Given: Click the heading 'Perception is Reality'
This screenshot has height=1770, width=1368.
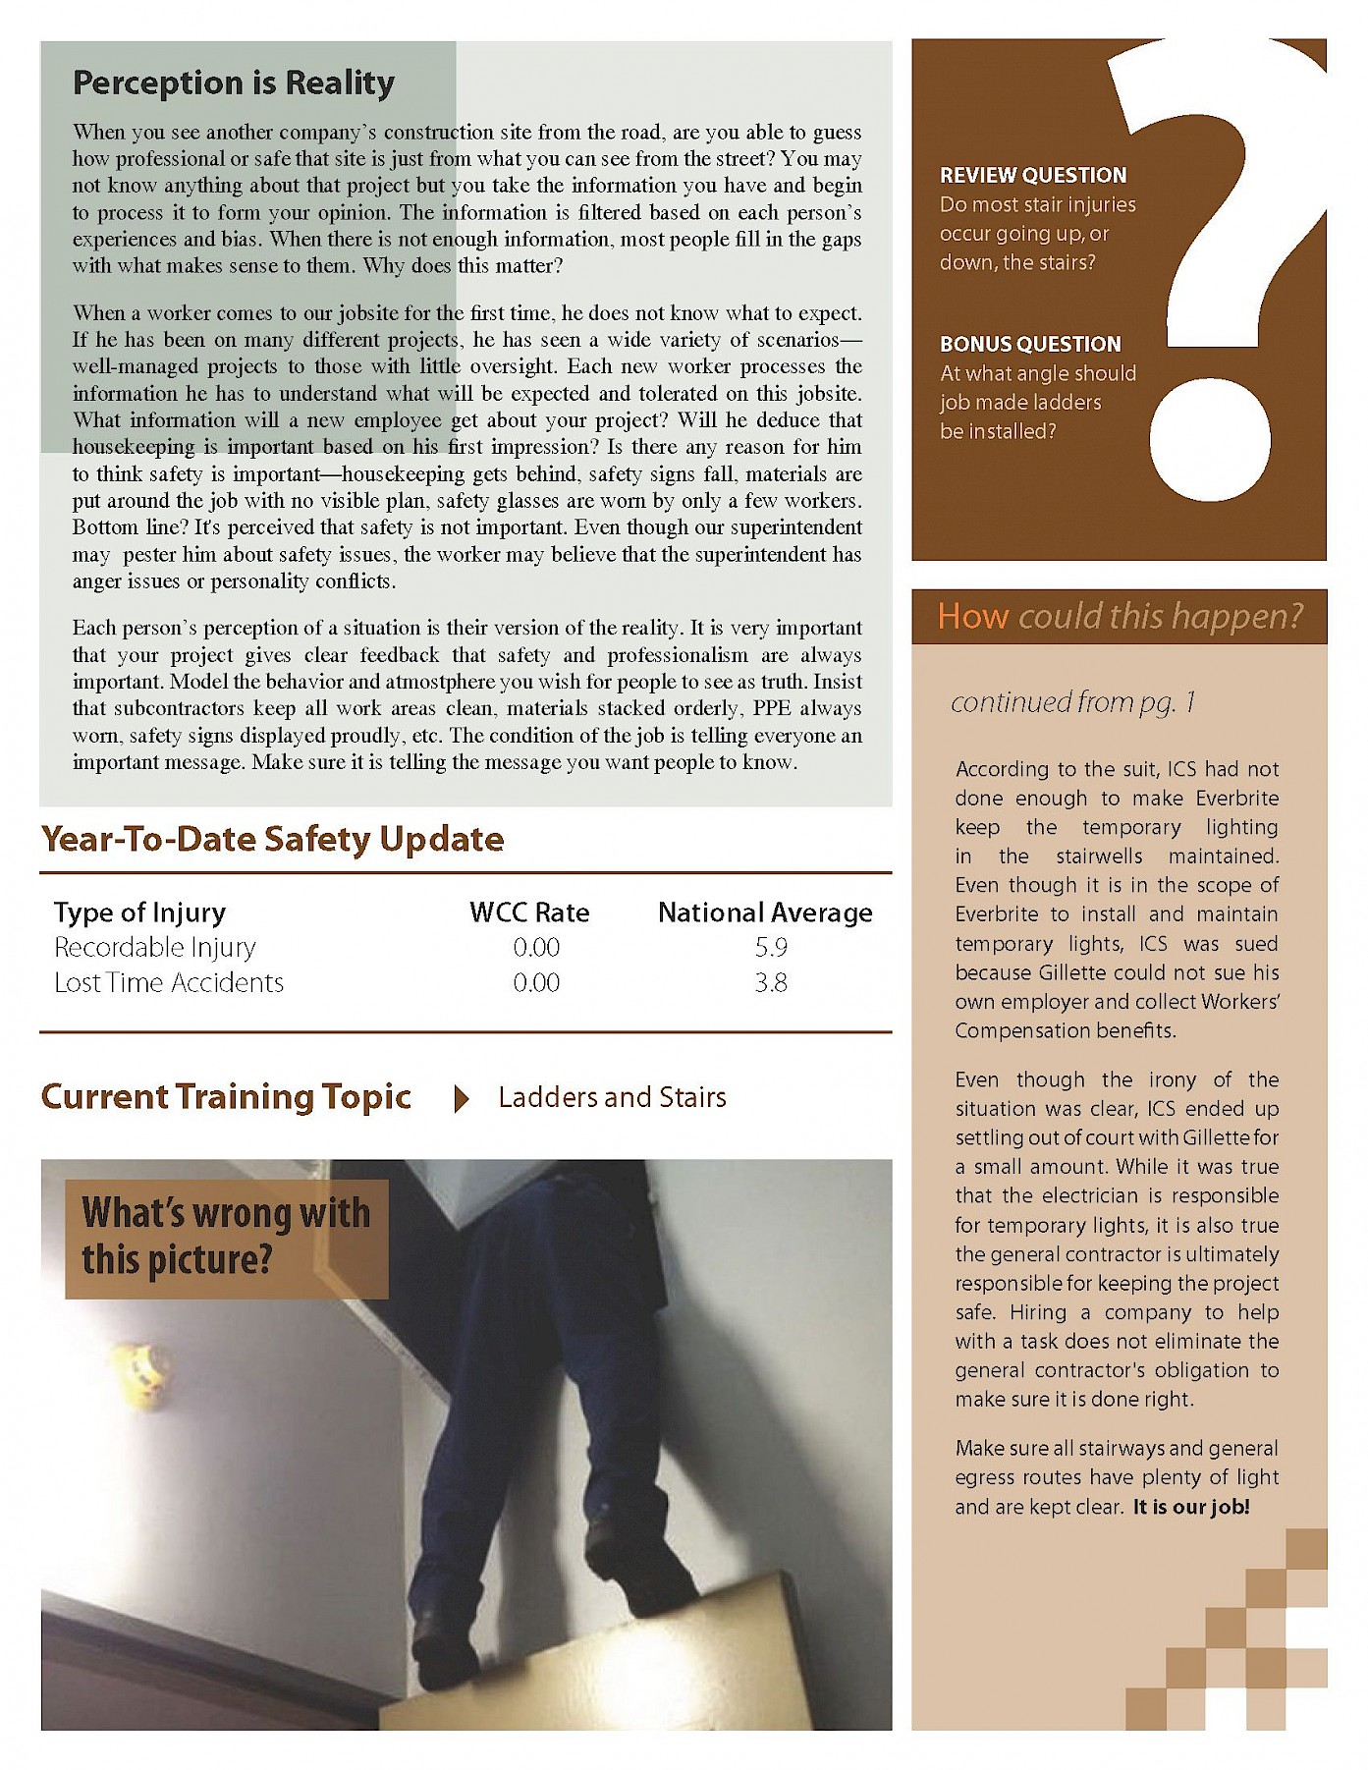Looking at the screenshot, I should [x=234, y=83].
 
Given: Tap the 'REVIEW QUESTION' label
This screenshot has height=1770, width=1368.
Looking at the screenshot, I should [x=1033, y=176].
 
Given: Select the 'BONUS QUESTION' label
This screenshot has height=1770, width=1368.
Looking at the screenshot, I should [x=1030, y=345].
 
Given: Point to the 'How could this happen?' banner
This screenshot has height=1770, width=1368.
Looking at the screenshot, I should [x=1119, y=617].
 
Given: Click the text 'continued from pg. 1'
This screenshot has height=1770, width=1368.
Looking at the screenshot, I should [x=1072, y=702].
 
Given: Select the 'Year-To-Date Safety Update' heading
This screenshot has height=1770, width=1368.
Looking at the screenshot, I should [x=272, y=840].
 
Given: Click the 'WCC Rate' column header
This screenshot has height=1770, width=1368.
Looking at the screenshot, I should [x=529, y=913].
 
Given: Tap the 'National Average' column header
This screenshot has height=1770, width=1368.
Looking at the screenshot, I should [x=765, y=913].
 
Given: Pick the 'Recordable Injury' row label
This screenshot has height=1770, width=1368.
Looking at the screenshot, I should [x=155, y=948].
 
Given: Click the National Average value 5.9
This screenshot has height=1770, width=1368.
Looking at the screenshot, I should [x=771, y=948].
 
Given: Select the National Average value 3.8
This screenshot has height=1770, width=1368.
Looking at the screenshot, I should [x=771, y=983].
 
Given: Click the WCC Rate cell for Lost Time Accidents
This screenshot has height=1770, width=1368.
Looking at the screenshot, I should [x=536, y=983].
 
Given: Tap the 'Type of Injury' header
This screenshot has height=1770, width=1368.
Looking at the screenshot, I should [x=139, y=913].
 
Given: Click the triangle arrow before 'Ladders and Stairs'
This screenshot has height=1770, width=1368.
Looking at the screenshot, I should [x=461, y=1098].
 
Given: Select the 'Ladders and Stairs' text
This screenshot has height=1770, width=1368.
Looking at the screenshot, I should [x=612, y=1097].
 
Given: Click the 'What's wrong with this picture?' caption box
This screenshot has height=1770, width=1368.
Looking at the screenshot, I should [x=226, y=1238].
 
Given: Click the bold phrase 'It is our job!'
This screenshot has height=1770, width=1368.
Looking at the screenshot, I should [x=1191, y=1507].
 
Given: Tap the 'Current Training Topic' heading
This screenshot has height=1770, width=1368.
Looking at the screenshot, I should [x=226, y=1097].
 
